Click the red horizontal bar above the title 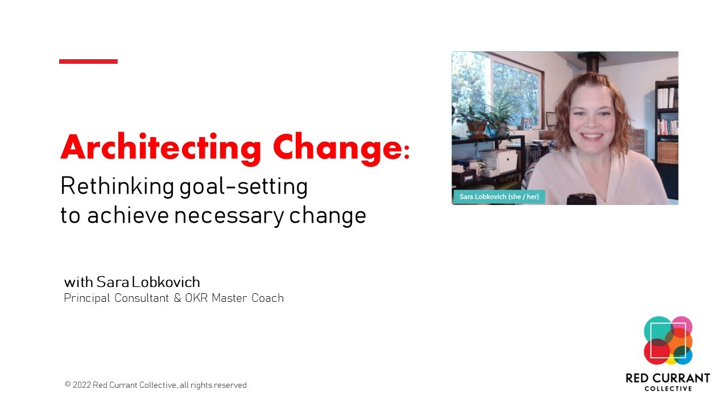(x=88, y=61)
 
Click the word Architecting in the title (x=160, y=147)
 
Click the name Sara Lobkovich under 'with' (x=148, y=282)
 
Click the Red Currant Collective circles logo (x=668, y=341)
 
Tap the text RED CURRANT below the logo (x=668, y=378)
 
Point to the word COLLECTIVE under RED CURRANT (x=668, y=389)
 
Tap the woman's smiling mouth (x=592, y=137)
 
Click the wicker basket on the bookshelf (x=668, y=152)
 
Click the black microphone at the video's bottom (x=581, y=199)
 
